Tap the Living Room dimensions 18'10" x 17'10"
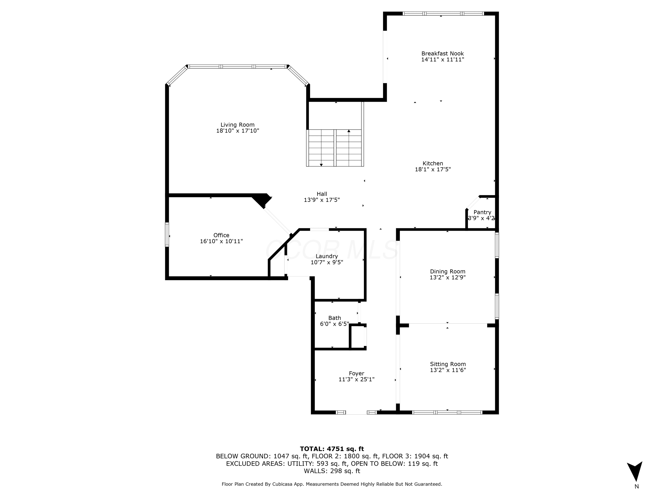pos(237,131)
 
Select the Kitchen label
pos(432,164)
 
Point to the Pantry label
pos(482,212)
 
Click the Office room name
pos(221,235)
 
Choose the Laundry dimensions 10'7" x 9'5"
pos(327,262)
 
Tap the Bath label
pos(334,318)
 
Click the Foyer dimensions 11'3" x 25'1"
pos(356,379)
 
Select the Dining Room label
pos(448,272)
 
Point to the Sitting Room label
pos(448,364)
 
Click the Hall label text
pos(322,194)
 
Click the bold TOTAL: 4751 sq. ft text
pos(332,449)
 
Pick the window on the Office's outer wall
pos(167,234)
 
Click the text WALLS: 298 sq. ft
pos(332,471)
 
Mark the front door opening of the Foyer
pos(356,412)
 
